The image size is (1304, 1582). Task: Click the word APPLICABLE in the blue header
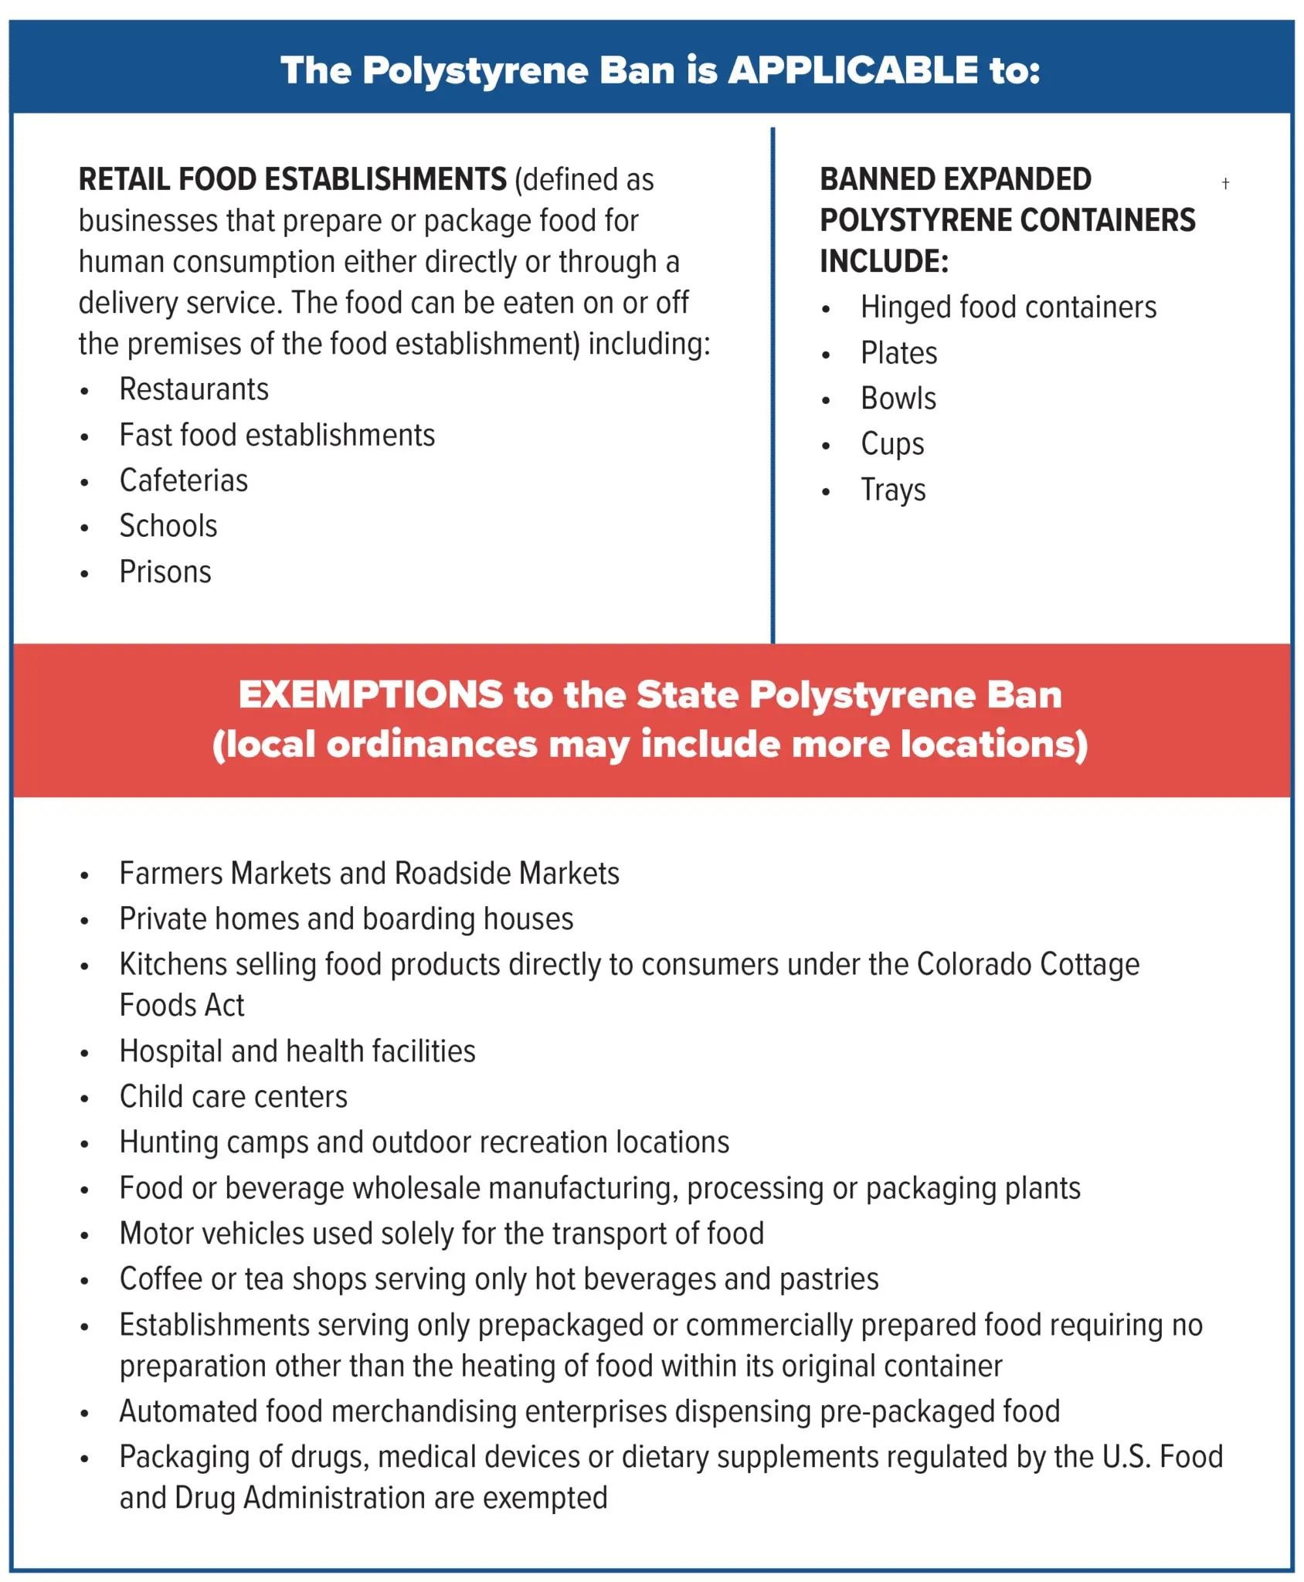[x=853, y=70]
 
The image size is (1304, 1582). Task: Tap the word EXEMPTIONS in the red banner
[x=370, y=694]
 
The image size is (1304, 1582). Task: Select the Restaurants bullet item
[x=194, y=389]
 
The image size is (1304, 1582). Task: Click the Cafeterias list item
[x=184, y=480]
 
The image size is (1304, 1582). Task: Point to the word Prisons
[x=165, y=572]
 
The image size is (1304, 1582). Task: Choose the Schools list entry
[x=168, y=526]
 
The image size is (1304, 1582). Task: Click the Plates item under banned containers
[x=898, y=353]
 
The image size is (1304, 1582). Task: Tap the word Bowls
[x=898, y=399]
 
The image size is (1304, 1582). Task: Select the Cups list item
[x=892, y=444]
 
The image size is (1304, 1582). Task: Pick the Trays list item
[x=893, y=490]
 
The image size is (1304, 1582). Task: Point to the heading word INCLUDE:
[x=884, y=261]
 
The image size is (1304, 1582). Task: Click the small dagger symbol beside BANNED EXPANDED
[x=1225, y=183]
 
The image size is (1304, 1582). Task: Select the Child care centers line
[x=233, y=1097]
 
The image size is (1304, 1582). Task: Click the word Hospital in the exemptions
[x=171, y=1051]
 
